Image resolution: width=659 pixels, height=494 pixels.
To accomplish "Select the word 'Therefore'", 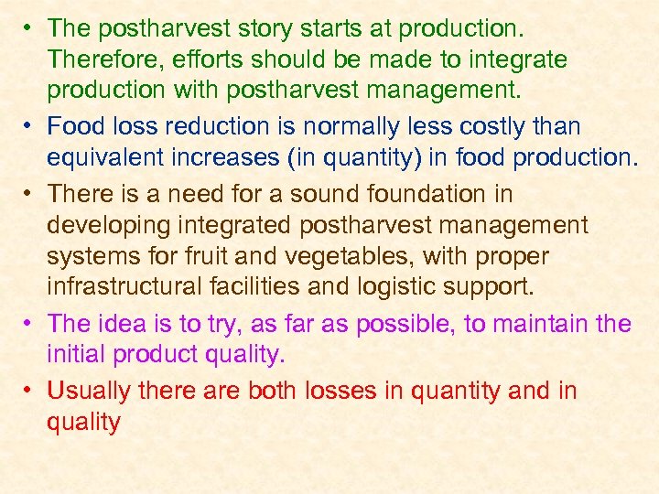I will click(99, 59).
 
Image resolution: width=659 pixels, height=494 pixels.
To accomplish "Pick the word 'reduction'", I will click(227, 125).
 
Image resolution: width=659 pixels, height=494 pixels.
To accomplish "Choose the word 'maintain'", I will click(539, 323).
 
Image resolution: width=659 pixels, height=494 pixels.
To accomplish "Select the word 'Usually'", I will click(89, 391).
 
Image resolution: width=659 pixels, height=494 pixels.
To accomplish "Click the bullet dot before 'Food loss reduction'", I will click(29, 125).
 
